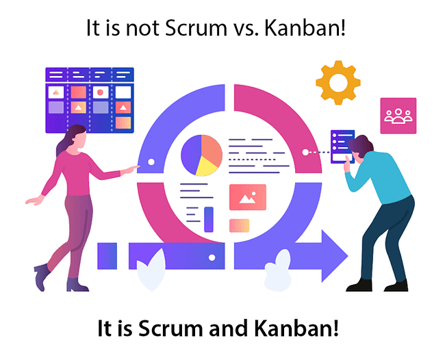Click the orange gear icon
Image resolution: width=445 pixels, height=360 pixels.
coord(338,83)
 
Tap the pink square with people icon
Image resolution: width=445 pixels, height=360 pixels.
coord(398,116)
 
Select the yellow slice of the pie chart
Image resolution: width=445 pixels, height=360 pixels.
coord(206,167)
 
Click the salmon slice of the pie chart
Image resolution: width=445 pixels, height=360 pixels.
coord(212,150)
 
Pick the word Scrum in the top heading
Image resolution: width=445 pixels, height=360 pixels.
coord(196,28)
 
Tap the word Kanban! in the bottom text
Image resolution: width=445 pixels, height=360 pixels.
coord(296,328)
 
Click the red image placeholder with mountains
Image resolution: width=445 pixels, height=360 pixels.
coord(248,197)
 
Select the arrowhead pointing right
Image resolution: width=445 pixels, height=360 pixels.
coord(333,256)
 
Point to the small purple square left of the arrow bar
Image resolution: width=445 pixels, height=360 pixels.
coord(107,256)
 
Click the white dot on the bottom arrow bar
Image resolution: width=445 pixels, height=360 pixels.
coord(212,257)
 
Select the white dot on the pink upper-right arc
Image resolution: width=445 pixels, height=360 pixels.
coord(305,153)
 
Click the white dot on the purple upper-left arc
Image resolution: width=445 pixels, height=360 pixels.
coord(151,162)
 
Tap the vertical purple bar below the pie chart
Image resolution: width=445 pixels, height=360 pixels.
coord(209,219)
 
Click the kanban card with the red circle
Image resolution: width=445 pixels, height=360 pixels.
coord(101,92)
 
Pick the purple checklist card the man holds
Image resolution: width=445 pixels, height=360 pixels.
coord(342,146)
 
